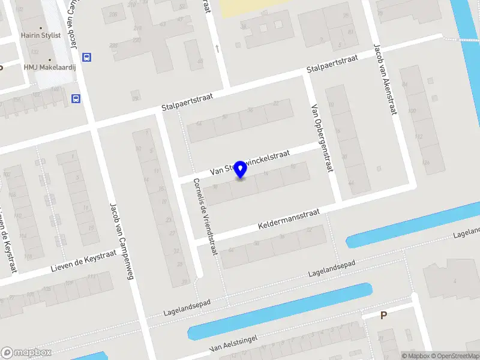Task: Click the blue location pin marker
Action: point(240,170)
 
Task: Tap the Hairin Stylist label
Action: point(42,35)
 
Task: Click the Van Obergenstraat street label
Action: point(322,137)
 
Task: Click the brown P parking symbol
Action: point(383,315)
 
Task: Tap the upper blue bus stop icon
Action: point(87,57)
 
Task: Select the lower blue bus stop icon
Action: point(76,98)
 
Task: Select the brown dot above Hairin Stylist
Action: point(41,28)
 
